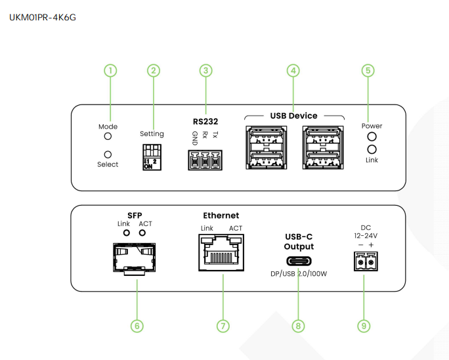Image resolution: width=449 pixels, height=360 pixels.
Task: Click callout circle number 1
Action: tap(111, 70)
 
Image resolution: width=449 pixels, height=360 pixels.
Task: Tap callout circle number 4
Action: tap(293, 70)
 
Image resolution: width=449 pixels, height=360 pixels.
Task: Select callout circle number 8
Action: tap(299, 325)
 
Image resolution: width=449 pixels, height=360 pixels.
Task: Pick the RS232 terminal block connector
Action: tap(205, 159)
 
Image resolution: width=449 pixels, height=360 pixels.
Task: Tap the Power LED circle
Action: tap(372, 137)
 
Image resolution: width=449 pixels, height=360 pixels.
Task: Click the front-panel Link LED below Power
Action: tap(372, 149)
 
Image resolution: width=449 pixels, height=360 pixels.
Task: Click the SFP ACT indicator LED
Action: tap(141, 233)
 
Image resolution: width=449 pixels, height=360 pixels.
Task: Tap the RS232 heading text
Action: tap(205, 122)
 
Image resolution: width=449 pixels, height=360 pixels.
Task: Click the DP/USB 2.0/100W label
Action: tap(299, 274)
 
